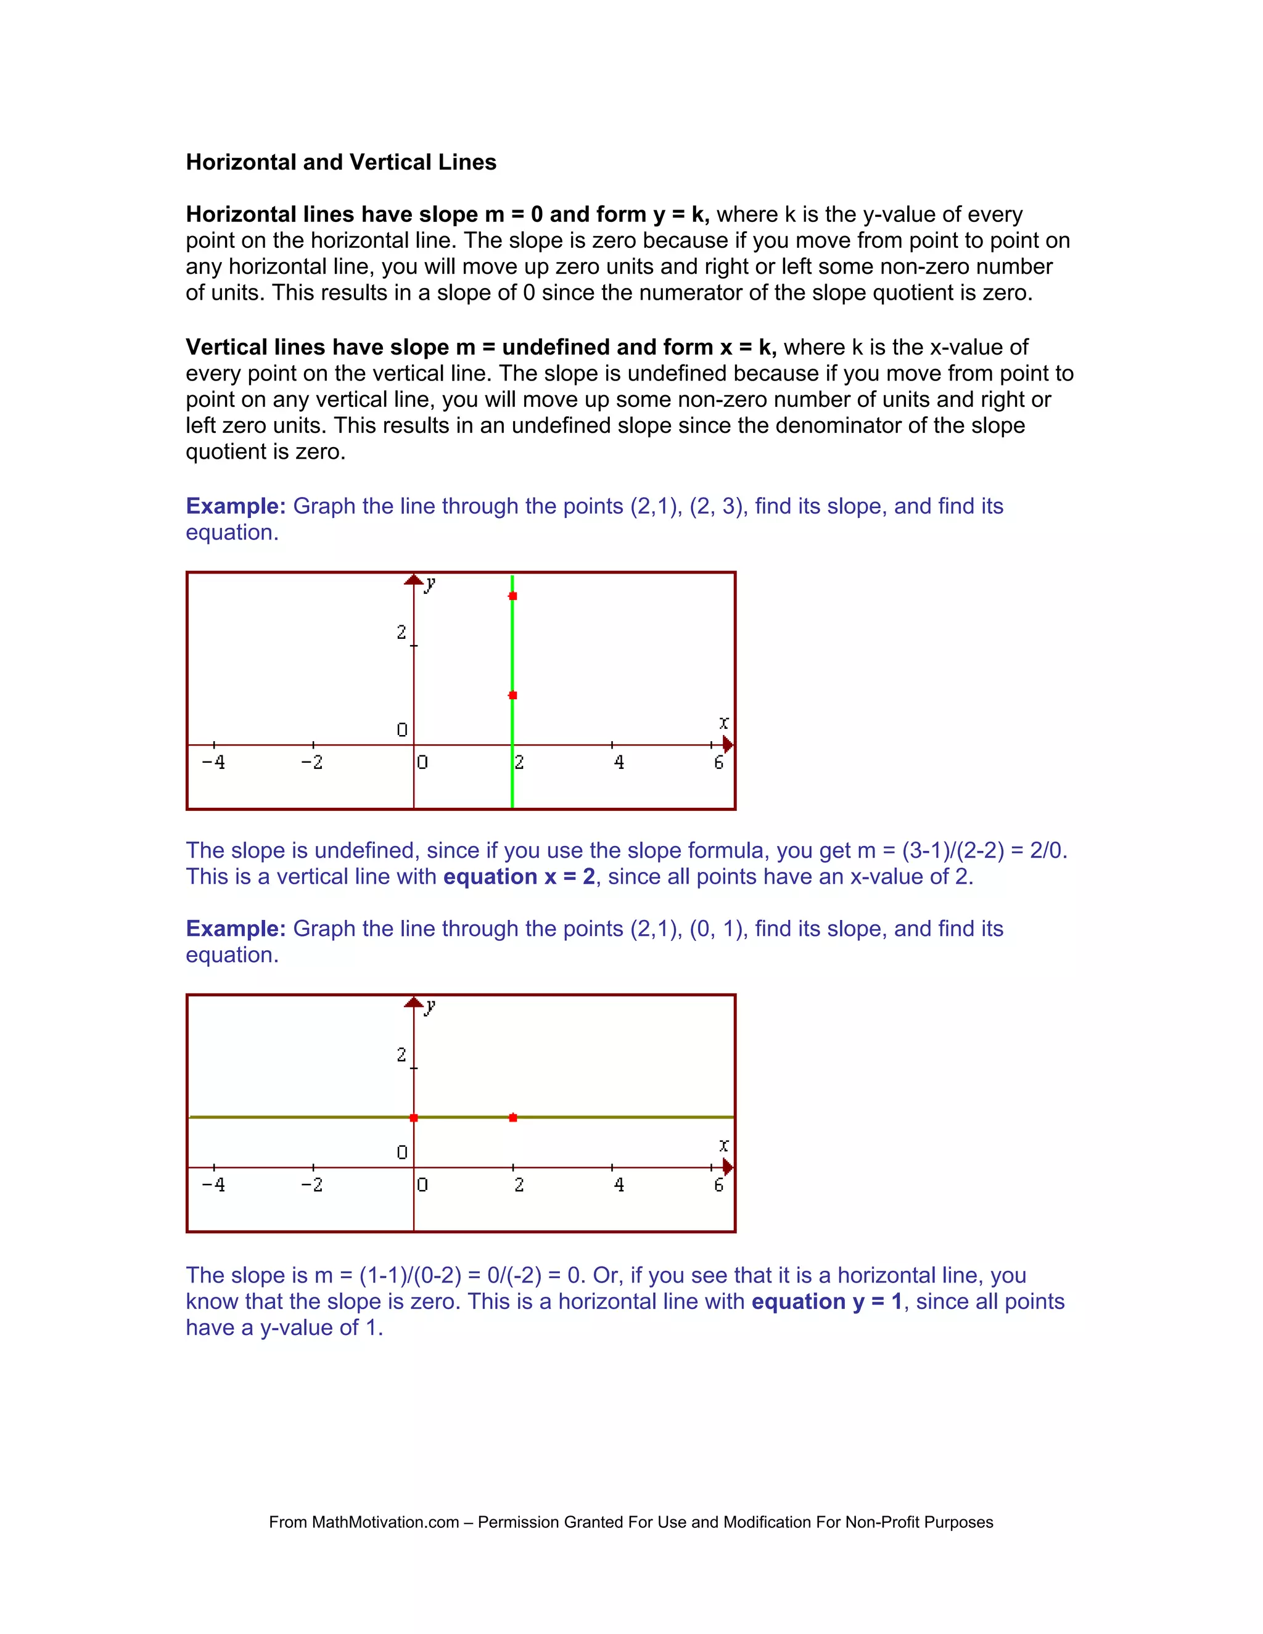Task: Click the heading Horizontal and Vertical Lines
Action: [x=340, y=162]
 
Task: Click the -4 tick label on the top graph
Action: [x=213, y=762]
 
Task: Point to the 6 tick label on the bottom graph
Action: [x=718, y=1184]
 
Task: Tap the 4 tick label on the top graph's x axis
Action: [x=619, y=762]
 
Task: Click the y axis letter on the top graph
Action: [x=429, y=585]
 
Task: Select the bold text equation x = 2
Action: [x=519, y=876]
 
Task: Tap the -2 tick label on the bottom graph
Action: [x=312, y=1184]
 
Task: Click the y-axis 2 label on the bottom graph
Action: [x=402, y=1055]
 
